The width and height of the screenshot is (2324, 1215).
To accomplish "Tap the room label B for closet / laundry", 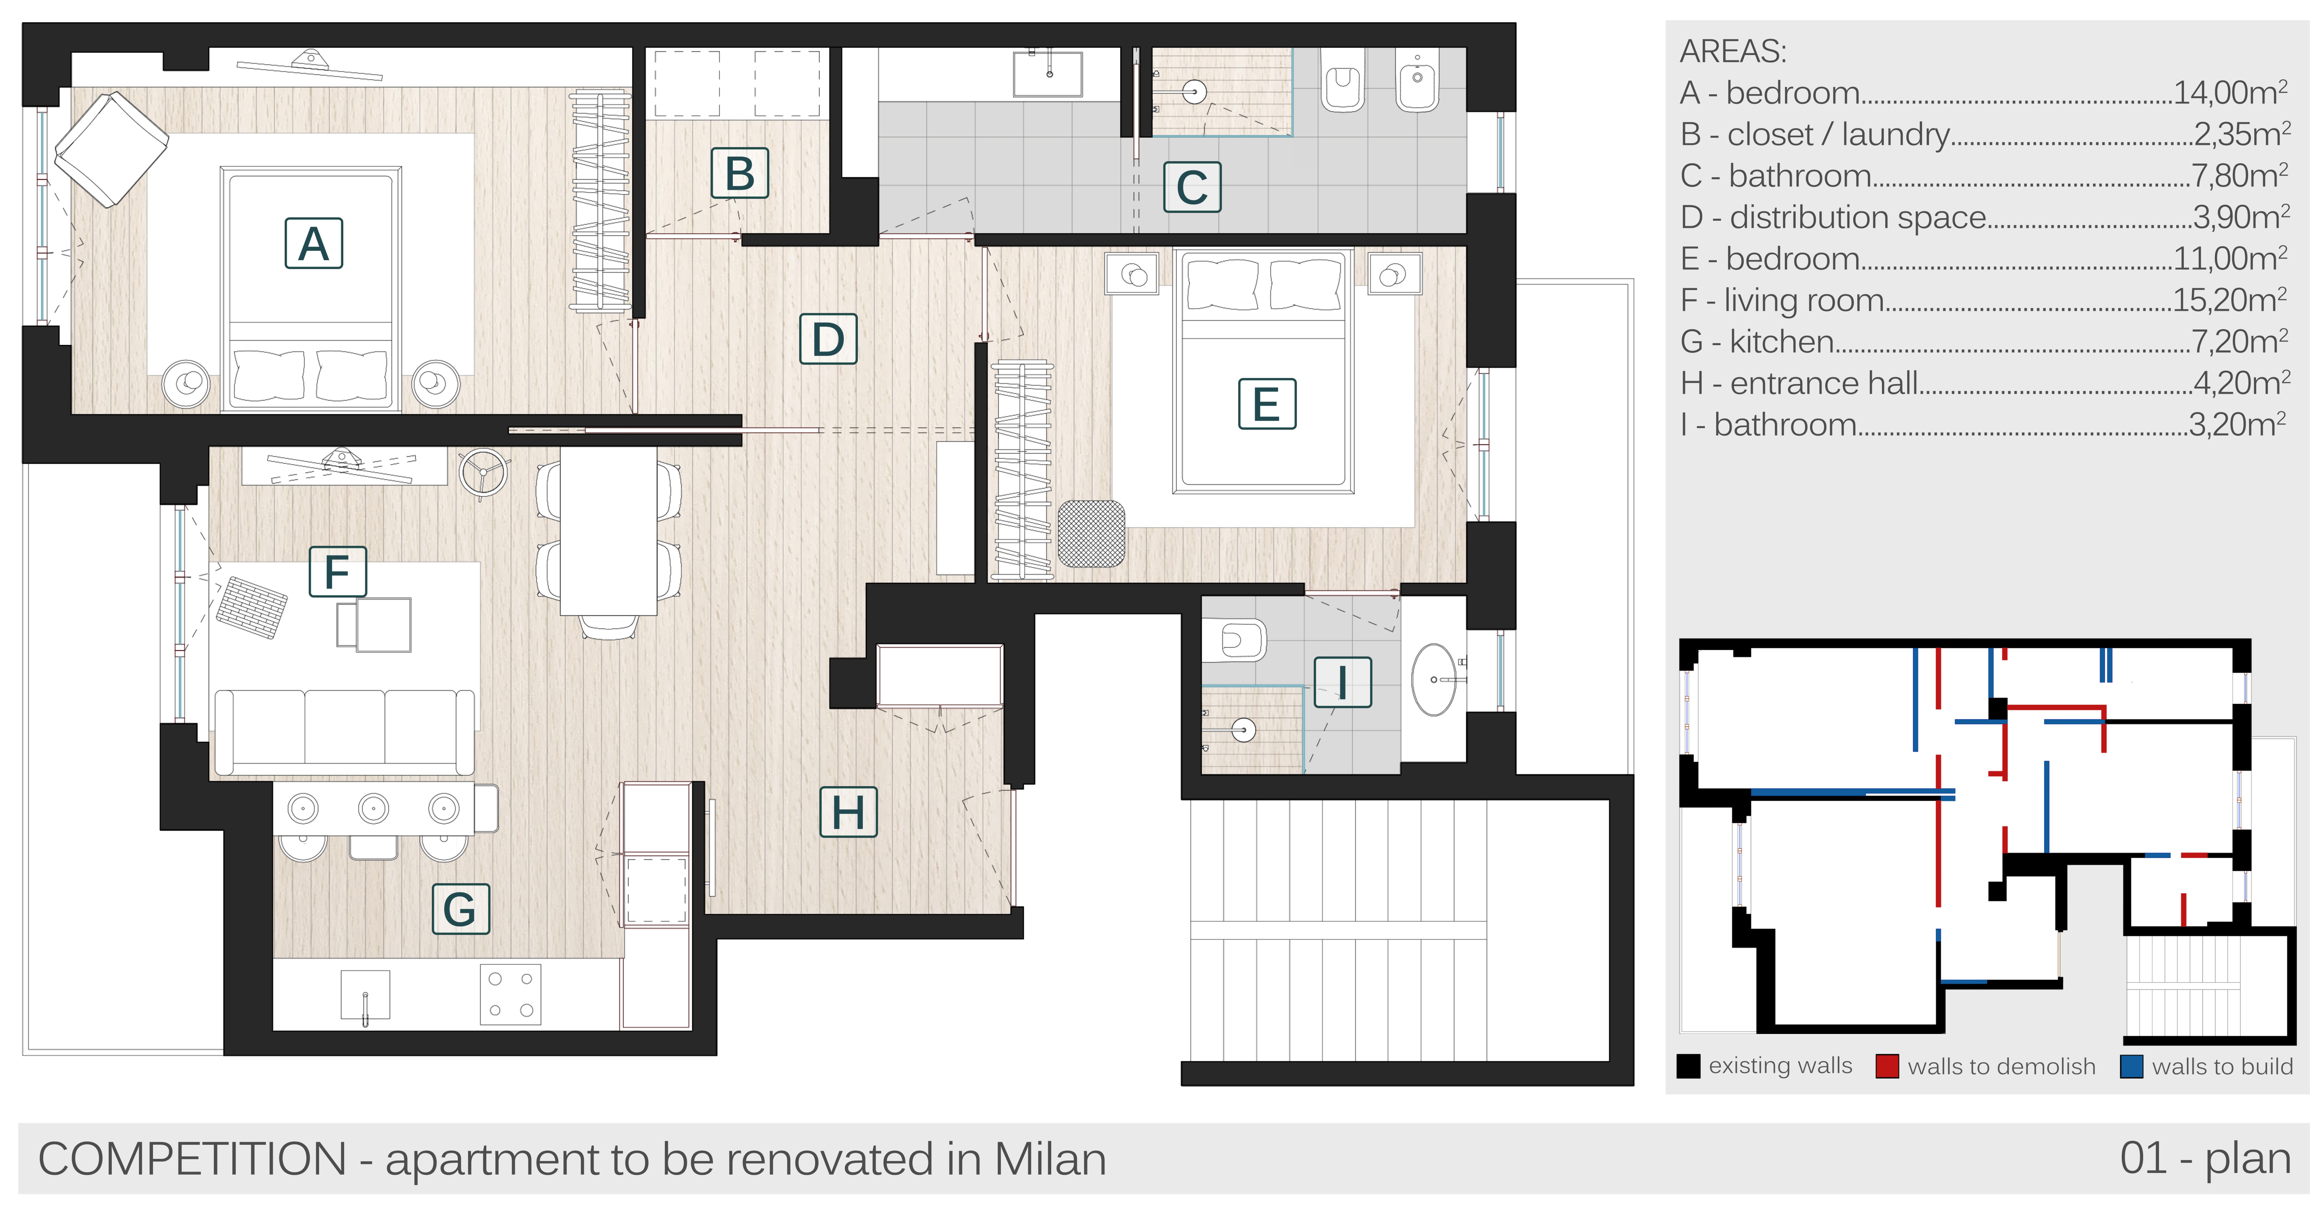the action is (x=740, y=173).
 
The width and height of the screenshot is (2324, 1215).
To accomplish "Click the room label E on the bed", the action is (x=1267, y=403).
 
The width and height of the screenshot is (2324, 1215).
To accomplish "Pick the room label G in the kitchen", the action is (x=460, y=908).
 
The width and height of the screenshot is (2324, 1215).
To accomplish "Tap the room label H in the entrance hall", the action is (x=848, y=812).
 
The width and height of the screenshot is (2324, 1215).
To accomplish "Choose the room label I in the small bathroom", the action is (x=1343, y=682).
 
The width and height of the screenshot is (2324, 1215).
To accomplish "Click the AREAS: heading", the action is (x=1732, y=51).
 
